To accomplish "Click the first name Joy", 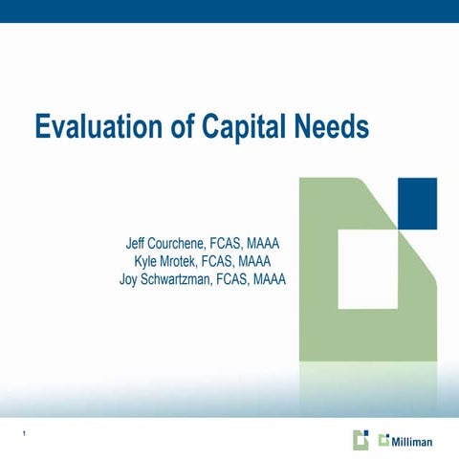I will click(130, 279).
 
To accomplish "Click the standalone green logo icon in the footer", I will click(360, 440).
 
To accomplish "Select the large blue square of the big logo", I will click(417, 203).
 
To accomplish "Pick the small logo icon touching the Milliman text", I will click(384, 440).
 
